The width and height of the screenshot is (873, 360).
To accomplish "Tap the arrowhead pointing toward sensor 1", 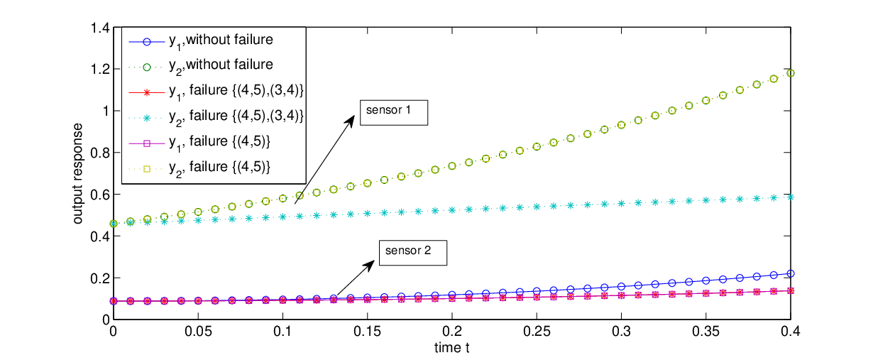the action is click(350, 121).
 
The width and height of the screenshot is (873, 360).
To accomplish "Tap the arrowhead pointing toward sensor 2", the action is click(368, 266).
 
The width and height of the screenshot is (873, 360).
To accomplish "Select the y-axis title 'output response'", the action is click(78, 173).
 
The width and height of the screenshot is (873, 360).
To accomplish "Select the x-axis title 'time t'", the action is click(451, 347).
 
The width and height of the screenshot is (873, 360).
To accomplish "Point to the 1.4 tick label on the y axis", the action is click(100, 28).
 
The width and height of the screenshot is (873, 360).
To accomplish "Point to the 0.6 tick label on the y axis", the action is click(100, 195).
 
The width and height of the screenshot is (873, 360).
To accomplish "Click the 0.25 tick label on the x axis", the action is click(537, 332).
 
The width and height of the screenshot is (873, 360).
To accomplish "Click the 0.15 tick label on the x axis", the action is click(367, 332).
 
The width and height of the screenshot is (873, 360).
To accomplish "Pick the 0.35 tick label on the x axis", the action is click(705, 332).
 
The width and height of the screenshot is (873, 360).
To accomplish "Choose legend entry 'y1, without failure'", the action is click(201, 41).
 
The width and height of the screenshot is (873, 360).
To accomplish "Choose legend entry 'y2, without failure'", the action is click(201, 66).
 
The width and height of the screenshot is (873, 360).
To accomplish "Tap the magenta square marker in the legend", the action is click(147, 143).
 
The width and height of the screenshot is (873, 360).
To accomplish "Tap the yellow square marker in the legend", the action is click(147, 169).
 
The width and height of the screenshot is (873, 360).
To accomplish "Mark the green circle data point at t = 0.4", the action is click(791, 73).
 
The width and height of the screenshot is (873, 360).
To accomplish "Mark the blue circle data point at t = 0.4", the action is click(791, 274).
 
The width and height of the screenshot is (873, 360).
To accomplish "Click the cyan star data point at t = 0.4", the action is click(791, 197).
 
